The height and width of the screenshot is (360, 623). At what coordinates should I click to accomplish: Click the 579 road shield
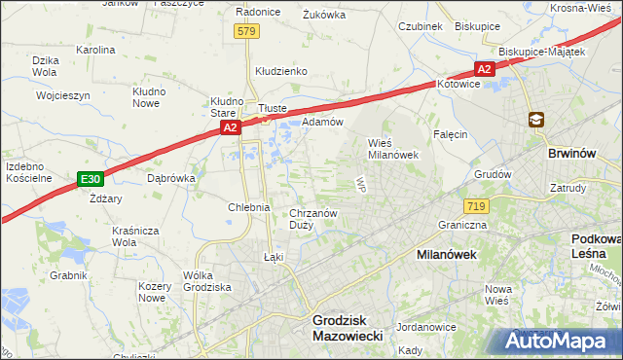tap(247, 32)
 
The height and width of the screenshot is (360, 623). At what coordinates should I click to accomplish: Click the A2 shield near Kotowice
tap(484, 68)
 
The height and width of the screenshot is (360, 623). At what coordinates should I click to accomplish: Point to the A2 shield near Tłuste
tap(229, 127)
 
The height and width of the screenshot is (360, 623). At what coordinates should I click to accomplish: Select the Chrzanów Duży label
tap(313, 219)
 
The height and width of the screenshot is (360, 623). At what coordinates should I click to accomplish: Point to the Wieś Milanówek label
tap(392, 148)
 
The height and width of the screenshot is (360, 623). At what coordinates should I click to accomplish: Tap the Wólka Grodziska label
tap(205, 281)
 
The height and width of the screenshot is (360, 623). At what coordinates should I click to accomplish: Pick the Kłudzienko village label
tap(281, 71)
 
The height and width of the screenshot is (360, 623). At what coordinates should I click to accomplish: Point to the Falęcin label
tap(451, 134)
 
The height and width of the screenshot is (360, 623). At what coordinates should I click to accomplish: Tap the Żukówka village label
tap(325, 15)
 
